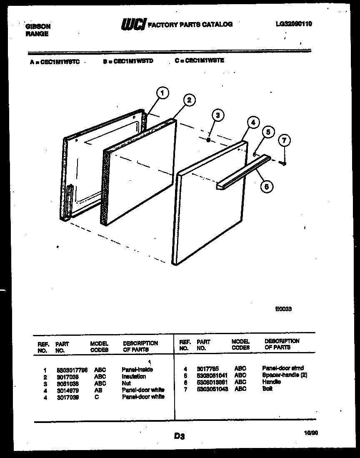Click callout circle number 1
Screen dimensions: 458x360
coord(163,93)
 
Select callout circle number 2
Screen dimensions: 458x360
coord(189,100)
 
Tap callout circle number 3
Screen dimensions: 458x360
coord(217,116)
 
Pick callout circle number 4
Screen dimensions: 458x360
coord(252,122)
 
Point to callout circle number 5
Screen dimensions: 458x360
coord(268,132)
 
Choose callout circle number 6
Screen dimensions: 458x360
coord(267,186)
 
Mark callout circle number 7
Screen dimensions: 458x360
coord(284,141)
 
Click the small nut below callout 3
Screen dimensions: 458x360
coord(208,141)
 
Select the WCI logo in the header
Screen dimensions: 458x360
coord(133,25)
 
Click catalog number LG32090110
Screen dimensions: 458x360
coord(293,24)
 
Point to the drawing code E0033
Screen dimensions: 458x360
coord(283,309)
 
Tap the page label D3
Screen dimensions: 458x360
coord(179,436)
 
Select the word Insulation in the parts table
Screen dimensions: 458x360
coord(134,376)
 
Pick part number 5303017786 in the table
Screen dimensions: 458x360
coord(72,370)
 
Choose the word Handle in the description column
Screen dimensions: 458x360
coord(271,382)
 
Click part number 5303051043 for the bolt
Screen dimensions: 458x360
coord(212,389)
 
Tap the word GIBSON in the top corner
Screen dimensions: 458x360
coord(38,26)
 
